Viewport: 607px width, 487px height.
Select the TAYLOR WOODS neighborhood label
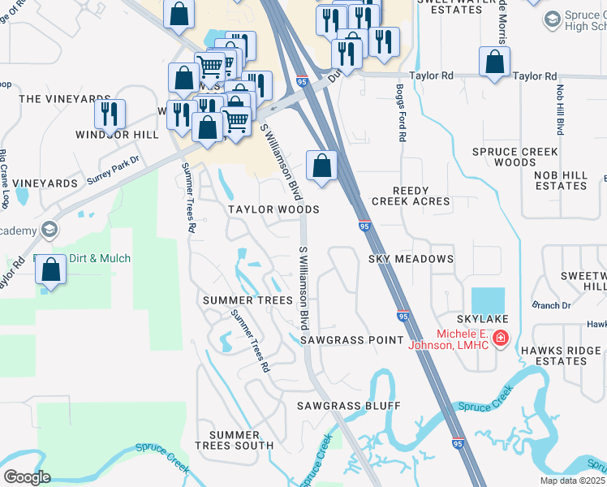[273, 209]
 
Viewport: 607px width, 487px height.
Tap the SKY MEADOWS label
[411, 259]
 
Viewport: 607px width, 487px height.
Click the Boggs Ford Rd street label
[402, 113]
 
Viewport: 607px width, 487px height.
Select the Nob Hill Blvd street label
[560, 108]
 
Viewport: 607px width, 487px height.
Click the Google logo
[26, 476]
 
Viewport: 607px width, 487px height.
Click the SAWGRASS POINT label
[351, 340]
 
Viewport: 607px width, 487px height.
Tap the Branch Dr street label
[551, 305]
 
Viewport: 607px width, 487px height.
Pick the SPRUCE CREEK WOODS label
[515, 157]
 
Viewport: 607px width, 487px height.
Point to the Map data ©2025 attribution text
[572, 481]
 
